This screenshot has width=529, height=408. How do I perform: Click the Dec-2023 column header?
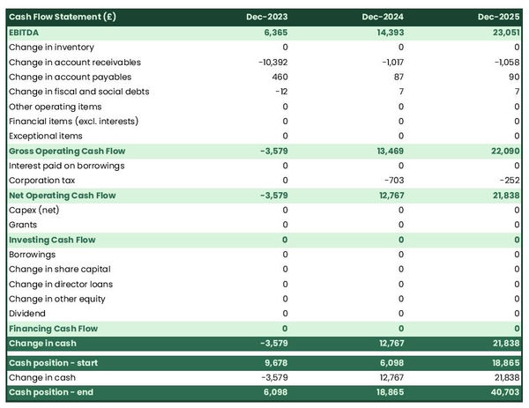tap(268, 17)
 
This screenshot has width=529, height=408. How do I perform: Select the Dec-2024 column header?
tap(384, 17)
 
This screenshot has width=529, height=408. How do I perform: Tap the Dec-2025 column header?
tap(499, 17)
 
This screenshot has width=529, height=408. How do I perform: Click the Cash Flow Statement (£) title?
tap(61, 17)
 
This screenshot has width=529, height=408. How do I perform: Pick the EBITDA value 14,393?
tap(386, 32)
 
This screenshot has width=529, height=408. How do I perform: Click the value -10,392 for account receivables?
tap(272, 62)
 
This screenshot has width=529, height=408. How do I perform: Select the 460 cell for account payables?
tap(279, 77)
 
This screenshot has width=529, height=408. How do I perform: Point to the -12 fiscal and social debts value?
tap(280, 92)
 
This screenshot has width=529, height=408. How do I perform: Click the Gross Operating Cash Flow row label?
tap(66, 151)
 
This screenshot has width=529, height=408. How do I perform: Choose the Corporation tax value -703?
tap(391, 181)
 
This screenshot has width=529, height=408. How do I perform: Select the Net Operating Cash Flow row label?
tap(62, 195)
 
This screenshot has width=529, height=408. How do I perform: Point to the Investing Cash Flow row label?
tap(52, 240)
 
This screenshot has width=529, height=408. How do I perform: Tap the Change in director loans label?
tap(60, 284)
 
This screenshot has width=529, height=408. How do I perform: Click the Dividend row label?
tap(27, 314)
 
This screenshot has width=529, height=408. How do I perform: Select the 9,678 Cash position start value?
tap(273, 363)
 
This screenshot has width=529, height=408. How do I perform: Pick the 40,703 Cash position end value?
tap(502, 392)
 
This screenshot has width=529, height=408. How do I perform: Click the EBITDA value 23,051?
tap(502, 32)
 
